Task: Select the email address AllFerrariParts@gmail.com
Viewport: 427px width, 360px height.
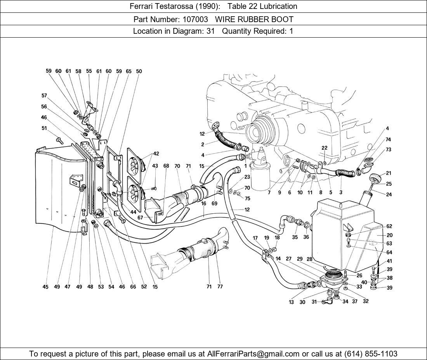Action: (x=253, y=354)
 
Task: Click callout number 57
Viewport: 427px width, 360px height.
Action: (x=44, y=95)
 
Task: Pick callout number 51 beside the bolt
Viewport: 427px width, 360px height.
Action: (x=44, y=128)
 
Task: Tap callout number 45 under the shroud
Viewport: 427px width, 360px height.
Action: (x=45, y=287)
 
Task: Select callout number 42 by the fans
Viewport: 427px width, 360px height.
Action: (x=156, y=154)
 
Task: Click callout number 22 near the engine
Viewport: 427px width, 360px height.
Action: (x=325, y=148)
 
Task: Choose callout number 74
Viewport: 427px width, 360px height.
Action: (x=388, y=139)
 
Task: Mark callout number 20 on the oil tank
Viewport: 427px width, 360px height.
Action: (x=390, y=235)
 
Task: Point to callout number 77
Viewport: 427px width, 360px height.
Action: (x=220, y=287)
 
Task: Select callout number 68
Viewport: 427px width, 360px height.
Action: (x=166, y=166)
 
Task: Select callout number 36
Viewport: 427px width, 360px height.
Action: (x=306, y=237)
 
